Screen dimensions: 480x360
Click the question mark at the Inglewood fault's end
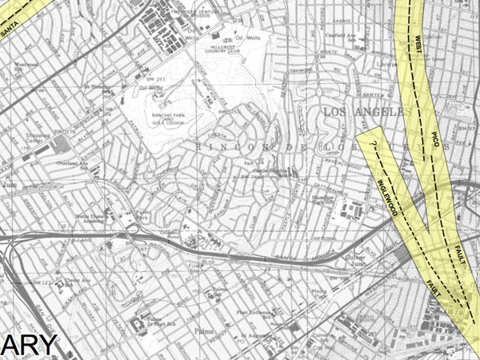[x=374, y=146]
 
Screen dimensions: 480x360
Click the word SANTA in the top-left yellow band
[x=10, y=30]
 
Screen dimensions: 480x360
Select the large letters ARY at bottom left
[x=28, y=344]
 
